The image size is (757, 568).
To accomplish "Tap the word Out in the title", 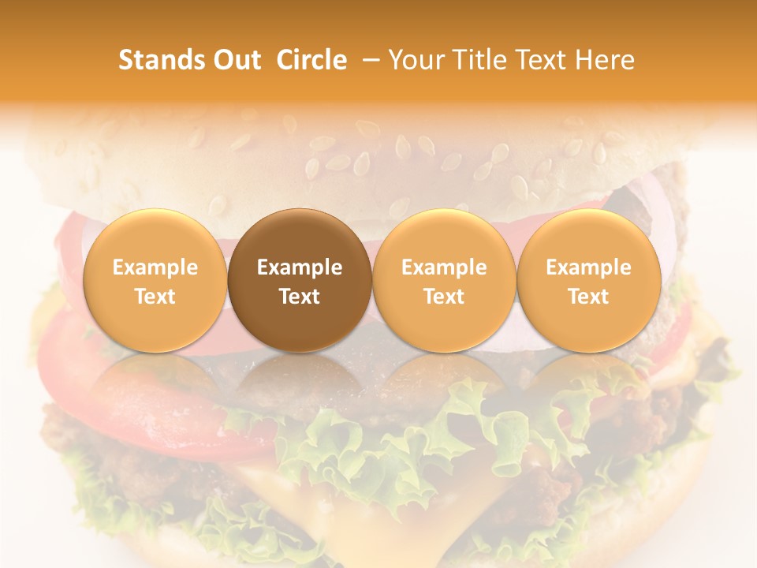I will (236, 60).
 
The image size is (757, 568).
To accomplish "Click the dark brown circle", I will (300, 280).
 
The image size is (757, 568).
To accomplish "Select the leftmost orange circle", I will (155, 280).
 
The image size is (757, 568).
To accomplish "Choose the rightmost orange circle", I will (589, 280).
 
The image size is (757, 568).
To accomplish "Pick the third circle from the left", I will (444, 280).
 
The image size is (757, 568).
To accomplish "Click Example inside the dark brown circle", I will (300, 267).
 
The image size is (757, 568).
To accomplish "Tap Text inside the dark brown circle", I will (300, 297).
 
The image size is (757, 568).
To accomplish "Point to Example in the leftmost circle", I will (155, 267).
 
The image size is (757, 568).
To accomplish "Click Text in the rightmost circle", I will (589, 297).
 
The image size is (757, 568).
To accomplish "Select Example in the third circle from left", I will (444, 267).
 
